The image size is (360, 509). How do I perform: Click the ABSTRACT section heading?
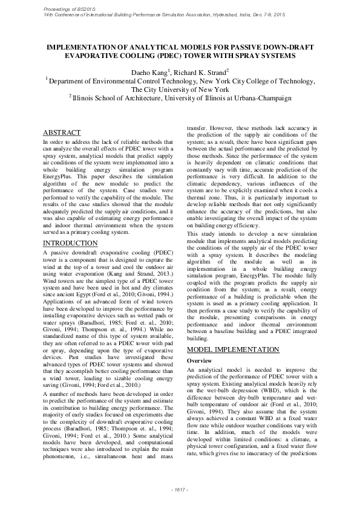[62, 132]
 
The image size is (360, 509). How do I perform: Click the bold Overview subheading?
[199, 360]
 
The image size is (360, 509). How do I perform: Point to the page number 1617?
[180, 488]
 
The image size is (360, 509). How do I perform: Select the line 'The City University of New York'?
[180, 89]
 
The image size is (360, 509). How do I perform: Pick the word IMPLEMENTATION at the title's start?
[83, 46]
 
